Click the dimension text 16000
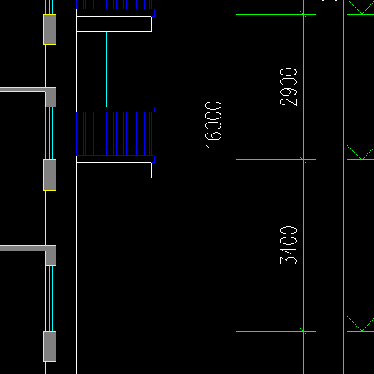(213, 125)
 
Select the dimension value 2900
(289, 87)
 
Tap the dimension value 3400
(289, 245)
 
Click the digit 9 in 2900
(289, 92)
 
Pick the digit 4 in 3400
(289, 251)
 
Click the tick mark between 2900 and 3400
(303, 160)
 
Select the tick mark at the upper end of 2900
(303, 14)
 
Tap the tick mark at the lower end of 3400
(303, 331)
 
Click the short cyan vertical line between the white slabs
(106, 69)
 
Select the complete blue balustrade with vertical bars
(115, 134)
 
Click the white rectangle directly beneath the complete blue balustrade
(114, 170)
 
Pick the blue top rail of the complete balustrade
(115, 110)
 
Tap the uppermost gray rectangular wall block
(50, 29)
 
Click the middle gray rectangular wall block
(50, 175)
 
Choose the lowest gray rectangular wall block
(50, 346)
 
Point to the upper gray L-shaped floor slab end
(50, 97)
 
